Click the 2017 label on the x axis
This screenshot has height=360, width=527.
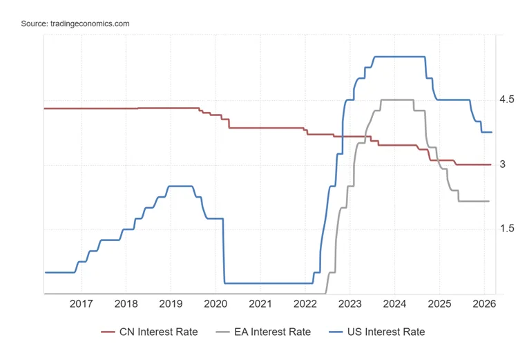click(x=81, y=304)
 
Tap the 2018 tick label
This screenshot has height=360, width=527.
click(x=126, y=304)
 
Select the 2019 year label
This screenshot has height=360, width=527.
click(x=171, y=304)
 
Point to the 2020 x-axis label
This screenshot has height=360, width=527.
click(x=215, y=304)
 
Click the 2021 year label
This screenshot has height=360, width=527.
click(x=260, y=304)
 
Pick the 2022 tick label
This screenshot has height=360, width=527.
click(x=305, y=304)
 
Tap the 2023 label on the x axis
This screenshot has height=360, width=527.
click(x=350, y=304)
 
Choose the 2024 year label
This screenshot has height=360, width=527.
click(x=394, y=304)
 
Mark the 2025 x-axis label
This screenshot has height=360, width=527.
click(x=439, y=304)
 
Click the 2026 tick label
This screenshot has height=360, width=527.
click(x=484, y=304)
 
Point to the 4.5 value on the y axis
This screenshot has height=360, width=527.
click(x=507, y=100)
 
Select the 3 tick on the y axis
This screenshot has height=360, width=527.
click(x=502, y=164)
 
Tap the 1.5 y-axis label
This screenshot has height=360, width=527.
click(x=507, y=229)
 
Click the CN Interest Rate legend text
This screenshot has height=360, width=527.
click(x=159, y=332)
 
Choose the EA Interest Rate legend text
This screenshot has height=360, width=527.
click(x=273, y=332)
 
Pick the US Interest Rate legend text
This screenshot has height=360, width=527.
click(x=386, y=332)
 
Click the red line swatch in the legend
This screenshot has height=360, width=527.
click(x=108, y=332)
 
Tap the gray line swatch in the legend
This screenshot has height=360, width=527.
click(x=222, y=332)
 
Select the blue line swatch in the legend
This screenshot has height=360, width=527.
click(x=336, y=332)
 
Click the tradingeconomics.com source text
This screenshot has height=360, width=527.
click(x=90, y=24)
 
